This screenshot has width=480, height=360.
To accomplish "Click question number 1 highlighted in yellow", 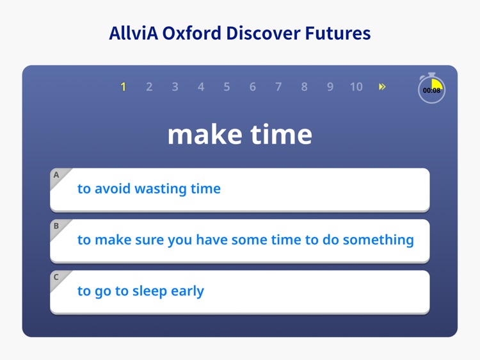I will pyautogui.click(x=123, y=87).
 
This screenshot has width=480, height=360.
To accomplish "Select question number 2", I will pyautogui.click(x=149, y=87).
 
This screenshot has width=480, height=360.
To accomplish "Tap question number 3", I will pyautogui.click(x=175, y=87).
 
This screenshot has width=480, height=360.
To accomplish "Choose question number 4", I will pyautogui.click(x=201, y=87).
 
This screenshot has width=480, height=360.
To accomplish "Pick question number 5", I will pyautogui.click(x=227, y=87).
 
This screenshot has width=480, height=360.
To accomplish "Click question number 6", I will pyautogui.click(x=253, y=87).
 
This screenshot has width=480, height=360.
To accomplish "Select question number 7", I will pyautogui.click(x=278, y=87).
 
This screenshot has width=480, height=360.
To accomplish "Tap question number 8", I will pyautogui.click(x=304, y=87).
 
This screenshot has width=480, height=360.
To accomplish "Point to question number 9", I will pyautogui.click(x=330, y=87).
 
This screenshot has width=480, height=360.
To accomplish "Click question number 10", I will pyautogui.click(x=356, y=87).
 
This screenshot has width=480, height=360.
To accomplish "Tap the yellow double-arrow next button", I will pyautogui.click(x=382, y=87).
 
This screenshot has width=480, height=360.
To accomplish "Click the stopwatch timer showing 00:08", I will pyautogui.click(x=432, y=89).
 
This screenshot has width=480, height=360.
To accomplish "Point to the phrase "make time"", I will pyautogui.click(x=240, y=135).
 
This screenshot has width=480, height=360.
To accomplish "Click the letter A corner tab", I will pyautogui.click(x=57, y=175).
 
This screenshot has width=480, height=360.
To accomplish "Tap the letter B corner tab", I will pyautogui.click(x=57, y=226).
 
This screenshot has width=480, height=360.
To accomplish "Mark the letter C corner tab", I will pyautogui.click(x=57, y=277).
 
